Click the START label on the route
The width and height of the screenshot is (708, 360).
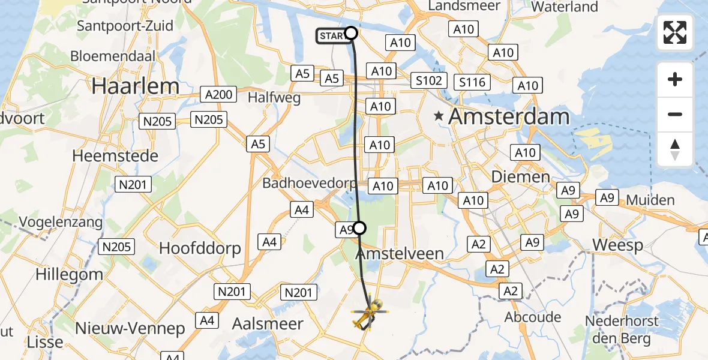(x=332, y=36)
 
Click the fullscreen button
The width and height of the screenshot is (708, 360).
(x=675, y=32)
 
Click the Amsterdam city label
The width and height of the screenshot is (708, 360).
(x=509, y=116)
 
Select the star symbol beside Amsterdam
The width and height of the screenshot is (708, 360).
(x=440, y=116)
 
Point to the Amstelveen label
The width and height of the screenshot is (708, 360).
(x=400, y=254)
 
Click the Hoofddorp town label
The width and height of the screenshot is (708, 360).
(x=200, y=248)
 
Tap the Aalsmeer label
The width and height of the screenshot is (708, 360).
(x=268, y=323)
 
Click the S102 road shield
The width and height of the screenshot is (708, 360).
(x=430, y=81)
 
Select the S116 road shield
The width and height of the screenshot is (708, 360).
(x=472, y=82)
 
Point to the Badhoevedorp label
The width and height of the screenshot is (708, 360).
(x=309, y=183)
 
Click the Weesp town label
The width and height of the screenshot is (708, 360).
(x=617, y=245)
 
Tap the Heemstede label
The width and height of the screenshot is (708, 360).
(x=115, y=156)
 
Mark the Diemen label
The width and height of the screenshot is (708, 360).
(x=512, y=176)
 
